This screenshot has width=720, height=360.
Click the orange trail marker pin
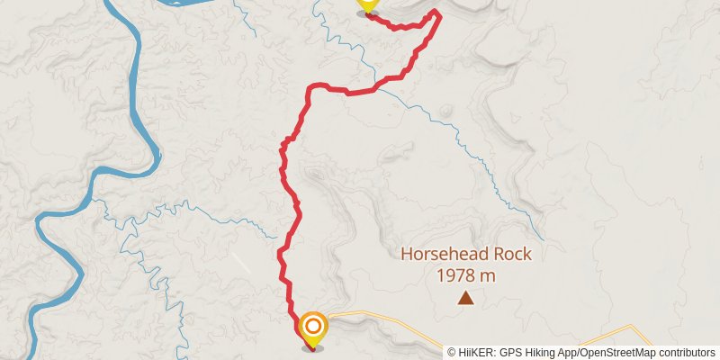[313, 329]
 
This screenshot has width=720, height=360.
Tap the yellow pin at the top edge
[366, 5]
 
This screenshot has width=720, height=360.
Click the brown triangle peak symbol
[465, 298]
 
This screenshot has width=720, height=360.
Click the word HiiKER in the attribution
[473, 352]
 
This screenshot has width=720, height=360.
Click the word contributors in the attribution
[689, 352]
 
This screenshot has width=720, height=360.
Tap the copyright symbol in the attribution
[452, 352]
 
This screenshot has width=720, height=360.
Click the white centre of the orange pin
[313, 326]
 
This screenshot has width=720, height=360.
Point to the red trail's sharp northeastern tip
[438, 13]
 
